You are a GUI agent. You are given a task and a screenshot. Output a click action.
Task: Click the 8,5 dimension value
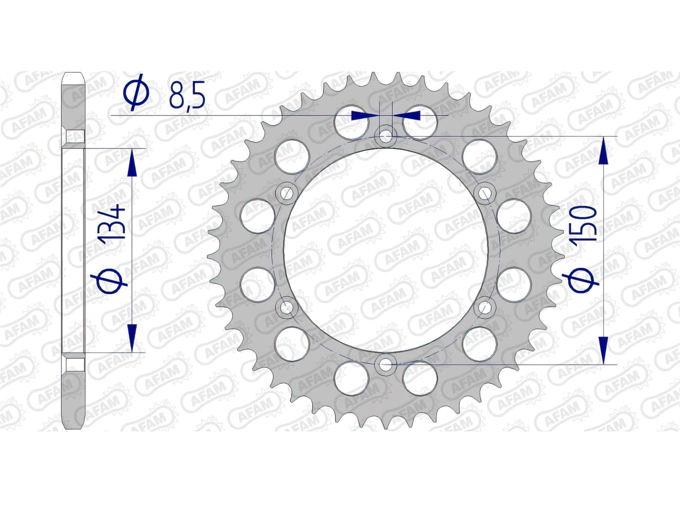[x=187, y=94]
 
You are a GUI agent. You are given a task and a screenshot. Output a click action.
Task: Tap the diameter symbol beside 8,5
[x=136, y=94]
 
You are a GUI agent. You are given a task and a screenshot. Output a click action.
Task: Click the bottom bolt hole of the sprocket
[x=385, y=365]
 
